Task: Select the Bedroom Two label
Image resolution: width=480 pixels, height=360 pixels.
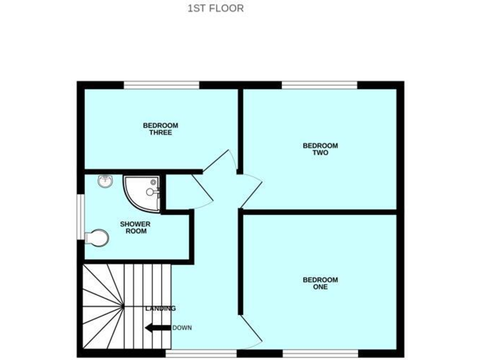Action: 320,149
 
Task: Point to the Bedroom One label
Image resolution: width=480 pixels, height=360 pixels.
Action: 320,283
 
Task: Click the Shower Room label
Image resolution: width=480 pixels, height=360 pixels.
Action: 136,227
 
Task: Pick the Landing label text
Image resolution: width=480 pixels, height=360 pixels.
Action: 161,309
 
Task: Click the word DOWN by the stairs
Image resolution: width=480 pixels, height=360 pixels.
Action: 182,327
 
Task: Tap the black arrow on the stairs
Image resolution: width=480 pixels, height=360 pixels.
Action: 157,327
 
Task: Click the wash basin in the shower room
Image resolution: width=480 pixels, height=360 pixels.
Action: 105,182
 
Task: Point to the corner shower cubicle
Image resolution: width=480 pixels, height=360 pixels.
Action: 142,191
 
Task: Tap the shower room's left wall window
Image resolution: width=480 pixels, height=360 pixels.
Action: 81,216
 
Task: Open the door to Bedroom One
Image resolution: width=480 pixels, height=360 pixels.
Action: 251,331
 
